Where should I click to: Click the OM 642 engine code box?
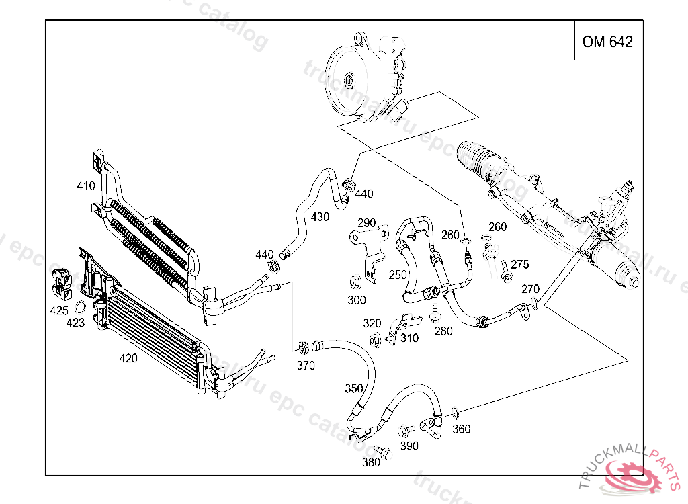tap(607, 42)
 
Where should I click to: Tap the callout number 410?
tap(86, 186)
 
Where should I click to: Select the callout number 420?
tap(128, 358)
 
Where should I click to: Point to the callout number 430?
tap(320, 217)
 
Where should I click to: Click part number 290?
tap(367, 223)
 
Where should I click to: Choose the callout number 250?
tap(398, 275)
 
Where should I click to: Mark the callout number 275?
tap(520, 265)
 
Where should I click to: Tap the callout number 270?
tap(531, 289)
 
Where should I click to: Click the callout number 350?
tap(354, 388)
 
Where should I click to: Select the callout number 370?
tap(306, 366)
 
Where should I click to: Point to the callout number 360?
tap(462, 429)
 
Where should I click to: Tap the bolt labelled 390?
tap(405, 430)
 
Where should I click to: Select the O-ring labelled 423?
tap(79, 308)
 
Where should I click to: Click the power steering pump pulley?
tap(349, 81)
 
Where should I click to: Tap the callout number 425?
tap(59, 311)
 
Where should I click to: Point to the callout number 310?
tap(409, 338)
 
